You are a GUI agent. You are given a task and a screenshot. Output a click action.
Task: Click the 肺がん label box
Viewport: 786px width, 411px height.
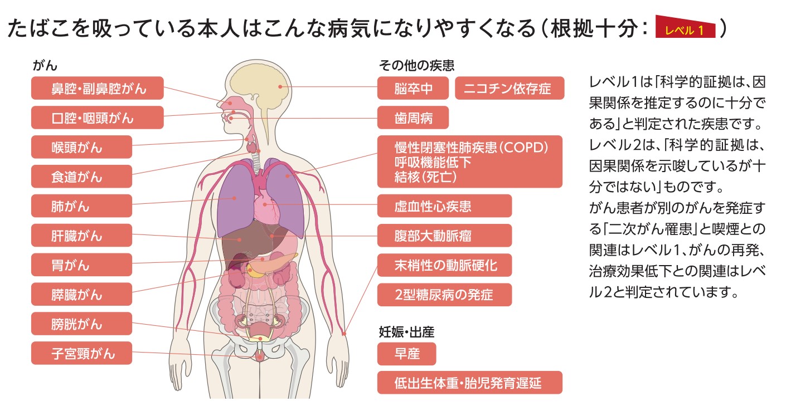click(x=81, y=206)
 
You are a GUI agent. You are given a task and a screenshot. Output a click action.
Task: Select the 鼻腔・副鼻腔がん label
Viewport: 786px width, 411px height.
click(x=98, y=88)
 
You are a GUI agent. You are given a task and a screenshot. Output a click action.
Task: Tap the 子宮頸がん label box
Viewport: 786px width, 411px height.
click(x=81, y=353)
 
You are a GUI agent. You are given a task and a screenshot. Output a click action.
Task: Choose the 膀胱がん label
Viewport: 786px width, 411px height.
click(x=81, y=324)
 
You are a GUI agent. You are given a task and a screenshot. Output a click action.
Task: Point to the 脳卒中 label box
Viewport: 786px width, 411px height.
click(x=413, y=88)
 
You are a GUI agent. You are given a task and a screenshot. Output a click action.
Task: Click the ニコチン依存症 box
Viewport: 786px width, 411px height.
click(x=510, y=88)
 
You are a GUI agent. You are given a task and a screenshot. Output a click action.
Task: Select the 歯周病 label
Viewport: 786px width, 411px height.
click(x=413, y=118)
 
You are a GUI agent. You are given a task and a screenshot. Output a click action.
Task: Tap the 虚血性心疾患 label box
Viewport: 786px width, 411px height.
click(x=444, y=206)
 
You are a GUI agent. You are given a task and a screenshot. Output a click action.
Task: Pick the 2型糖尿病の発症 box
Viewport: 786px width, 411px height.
click(x=444, y=295)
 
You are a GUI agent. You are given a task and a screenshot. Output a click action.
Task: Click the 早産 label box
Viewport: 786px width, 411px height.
click(x=406, y=354)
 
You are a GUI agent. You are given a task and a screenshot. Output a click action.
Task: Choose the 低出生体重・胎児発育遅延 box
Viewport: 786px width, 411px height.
click(x=470, y=383)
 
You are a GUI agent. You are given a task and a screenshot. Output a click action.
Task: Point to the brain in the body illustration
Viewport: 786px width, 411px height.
click(x=262, y=89)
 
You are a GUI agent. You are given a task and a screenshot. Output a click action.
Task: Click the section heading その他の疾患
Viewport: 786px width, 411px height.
click(x=416, y=65)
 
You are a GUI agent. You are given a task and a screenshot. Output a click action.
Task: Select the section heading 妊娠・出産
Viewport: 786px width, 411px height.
click(x=406, y=332)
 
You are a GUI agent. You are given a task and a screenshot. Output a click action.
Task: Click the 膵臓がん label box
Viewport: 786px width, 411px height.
click(x=81, y=294)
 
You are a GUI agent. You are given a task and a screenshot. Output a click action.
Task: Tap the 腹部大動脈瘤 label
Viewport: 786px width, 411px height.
click(x=444, y=236)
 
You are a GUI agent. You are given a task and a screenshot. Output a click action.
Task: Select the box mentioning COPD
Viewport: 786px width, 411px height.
click(x=470, y=162)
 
